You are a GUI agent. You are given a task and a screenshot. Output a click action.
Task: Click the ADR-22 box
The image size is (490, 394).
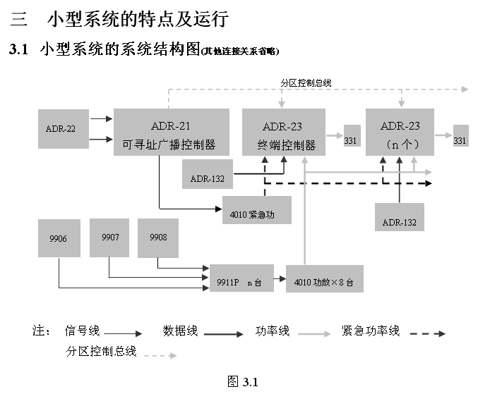click(x=62, y=128)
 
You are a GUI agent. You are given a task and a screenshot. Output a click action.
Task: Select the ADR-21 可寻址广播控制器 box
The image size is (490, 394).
click(x=172, y=132)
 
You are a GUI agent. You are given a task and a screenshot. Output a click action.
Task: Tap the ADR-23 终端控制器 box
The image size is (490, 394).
click(x=283, y=133)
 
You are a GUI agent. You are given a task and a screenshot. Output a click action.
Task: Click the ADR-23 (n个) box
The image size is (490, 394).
click(x=400, y=133)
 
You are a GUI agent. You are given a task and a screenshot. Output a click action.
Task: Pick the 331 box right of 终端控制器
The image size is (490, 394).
click(x=351, y=140)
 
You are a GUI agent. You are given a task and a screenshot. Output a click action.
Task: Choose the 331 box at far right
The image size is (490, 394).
click(x=460, y=140)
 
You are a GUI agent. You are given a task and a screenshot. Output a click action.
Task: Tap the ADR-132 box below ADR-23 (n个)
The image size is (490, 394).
click(x=400, y=216)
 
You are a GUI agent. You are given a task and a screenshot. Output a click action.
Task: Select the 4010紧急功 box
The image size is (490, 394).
click(x=256, y=211)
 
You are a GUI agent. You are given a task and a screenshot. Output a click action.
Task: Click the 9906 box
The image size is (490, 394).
click(x=58, y=238)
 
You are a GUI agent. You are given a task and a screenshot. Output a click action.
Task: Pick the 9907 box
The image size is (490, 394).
click(x=109, y=238)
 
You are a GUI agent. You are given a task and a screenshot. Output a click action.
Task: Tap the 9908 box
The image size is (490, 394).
click(x=158, y=238)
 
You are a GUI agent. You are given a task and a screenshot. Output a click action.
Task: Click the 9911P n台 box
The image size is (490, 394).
click(x=241, y=279)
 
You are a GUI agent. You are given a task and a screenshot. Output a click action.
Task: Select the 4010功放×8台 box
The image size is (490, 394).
click(x=324, y=279)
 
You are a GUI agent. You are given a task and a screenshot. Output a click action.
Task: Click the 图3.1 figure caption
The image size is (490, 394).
click(x=244, y=381)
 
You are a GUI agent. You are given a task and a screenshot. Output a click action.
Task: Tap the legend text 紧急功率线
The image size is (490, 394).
click(x=371, y=331)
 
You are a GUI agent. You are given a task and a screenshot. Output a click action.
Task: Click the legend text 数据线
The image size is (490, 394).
click(x=181, y=331)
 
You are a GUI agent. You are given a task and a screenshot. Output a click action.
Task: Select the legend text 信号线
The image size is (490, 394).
click(x=83, y=331)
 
